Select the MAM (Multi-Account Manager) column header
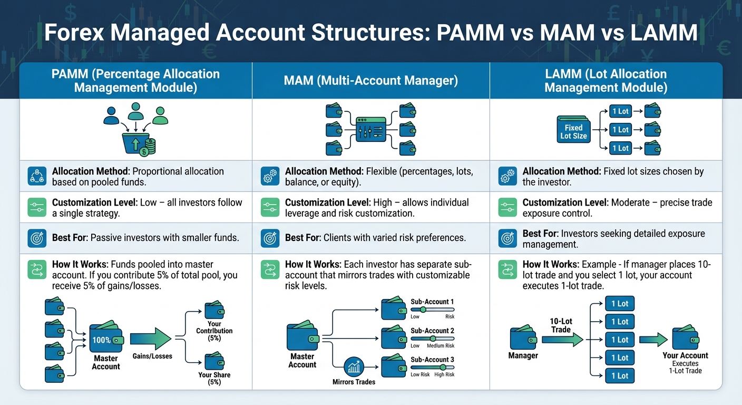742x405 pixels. coord(371,81)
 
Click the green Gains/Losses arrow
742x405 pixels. coord(151,339)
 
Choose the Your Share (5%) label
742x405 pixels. coord(214,378)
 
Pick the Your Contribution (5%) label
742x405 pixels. coord(214,331)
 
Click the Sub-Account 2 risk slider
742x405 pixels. coord(432,339)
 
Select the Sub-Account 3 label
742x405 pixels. coord(432,360)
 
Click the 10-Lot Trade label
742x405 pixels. coord(561,325)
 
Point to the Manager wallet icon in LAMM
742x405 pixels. coord(523,338)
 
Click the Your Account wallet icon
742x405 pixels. coord(686,338)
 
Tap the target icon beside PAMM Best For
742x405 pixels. coord(37,238)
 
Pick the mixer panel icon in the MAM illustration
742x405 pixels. coord(371,129)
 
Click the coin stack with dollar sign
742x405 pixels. coord(149,147)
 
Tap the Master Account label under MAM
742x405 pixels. coord(302,361)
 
